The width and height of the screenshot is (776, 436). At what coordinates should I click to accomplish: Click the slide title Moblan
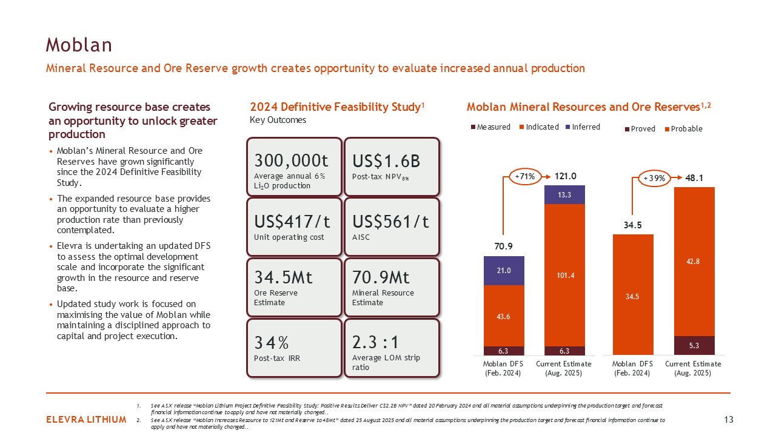[x=79, y=45]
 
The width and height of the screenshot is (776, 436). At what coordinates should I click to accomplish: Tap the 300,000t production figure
[x=291, y=160]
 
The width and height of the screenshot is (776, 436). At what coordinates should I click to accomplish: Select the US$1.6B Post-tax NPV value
[x=386, y=161]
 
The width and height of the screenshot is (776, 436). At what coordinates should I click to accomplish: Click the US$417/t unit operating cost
[x=292, y=222]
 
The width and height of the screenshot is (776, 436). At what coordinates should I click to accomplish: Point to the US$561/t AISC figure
[x=390, y=222]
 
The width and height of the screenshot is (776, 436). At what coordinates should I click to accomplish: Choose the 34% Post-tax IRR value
[x=271, y=343]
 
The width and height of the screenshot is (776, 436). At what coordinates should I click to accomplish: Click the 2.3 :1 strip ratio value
[x=375, y=342]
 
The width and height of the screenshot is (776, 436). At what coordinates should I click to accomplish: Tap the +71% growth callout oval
[x=525, y=176]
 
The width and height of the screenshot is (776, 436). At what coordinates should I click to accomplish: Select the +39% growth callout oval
[x=654, y=178]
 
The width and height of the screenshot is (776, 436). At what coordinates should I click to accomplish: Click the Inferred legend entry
[x=583, y=127]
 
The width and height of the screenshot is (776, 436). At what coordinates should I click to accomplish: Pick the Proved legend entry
[x=640, y=129]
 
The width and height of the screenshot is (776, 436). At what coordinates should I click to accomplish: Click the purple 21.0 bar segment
[x=504, y=271]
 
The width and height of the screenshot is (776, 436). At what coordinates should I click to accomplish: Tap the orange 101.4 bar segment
[x=564, y=275]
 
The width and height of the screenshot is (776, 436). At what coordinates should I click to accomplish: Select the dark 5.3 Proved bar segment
[x=694, y=345]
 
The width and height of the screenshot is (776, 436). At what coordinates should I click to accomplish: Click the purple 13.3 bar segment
[x=564, y=195]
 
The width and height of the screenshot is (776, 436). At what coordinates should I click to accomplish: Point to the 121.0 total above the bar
[x=566, y=176]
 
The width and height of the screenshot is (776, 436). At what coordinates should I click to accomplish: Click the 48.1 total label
[x=694, y=178]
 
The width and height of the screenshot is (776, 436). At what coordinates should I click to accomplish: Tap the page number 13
[x=729, y=420]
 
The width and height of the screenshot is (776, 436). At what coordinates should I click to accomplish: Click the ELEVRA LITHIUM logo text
[x=86, y=420]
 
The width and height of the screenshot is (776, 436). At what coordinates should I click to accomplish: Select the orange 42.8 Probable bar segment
[x=694, y=262]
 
